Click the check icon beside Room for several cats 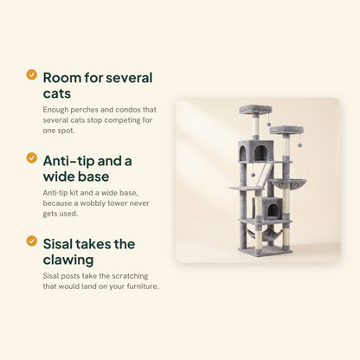tap(31, 74)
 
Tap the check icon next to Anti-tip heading tap(31, 157)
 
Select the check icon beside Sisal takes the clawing tap(31, 241)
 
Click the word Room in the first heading tap(61, 78)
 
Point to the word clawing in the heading tap(68, 260)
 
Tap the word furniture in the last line tap(143, 286)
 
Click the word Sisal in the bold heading tap(58, 244)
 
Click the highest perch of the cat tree tap(255, 109)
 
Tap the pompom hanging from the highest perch tap(268, 124)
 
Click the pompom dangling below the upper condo tap(253, 175)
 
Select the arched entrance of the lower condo tap(272, 210)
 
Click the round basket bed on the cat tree tap(288, 183)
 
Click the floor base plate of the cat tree tap(265, 252)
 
